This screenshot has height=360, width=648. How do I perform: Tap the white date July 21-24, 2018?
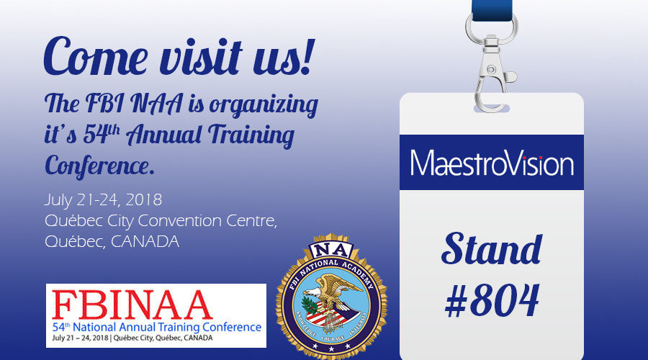coord(103,198)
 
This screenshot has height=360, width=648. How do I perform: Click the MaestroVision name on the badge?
coord(492,163)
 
